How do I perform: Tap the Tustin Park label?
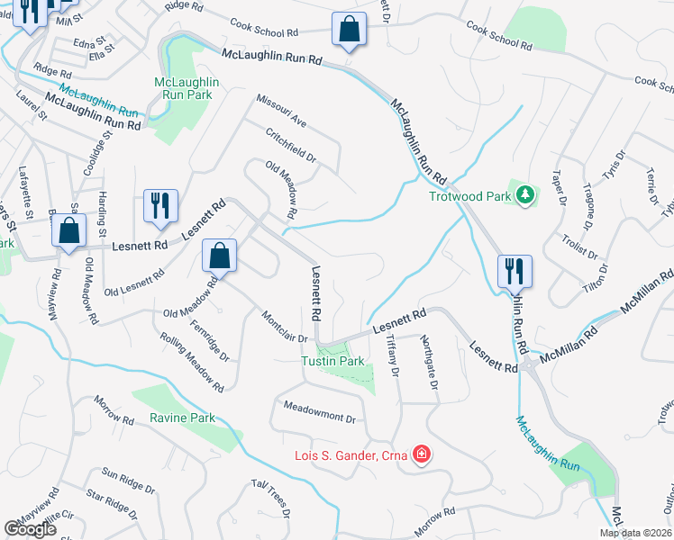click(332, 361)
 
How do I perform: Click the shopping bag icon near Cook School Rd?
click(349, 30)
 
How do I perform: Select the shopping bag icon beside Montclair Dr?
click(219, 256)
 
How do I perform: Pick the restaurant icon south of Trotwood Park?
click(514, 269)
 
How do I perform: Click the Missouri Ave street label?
click(281, 112)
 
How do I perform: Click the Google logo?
click(30, 529)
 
